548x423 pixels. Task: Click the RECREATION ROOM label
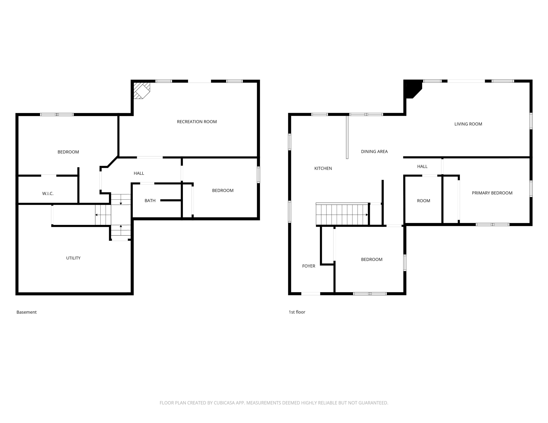click(x=197, y=122)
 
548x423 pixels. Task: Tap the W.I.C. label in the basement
click(x=48, y=193)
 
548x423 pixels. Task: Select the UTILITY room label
click(x=73, y=258)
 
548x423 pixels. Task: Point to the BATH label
click(x=150, y=201)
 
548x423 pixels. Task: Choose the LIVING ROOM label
click(x=468, y=124)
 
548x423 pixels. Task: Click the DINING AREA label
click(x=374, y=152)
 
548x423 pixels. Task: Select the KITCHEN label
click(x=323, y=168)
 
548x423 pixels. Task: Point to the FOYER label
click(x=309, y=266)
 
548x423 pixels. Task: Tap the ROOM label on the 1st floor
click(x=424, y=201)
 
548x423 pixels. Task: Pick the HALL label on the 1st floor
click(x=422, y=166)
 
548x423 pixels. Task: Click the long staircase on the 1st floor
click(x=342, y=214)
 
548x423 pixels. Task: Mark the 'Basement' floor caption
click(x=27, y=312)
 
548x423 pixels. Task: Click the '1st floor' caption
click(x=297, y=312)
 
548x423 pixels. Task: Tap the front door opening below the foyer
click(x=311, y=294)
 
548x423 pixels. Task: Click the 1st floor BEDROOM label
click(x=372, y=260)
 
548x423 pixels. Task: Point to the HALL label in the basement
click(x=139, y=173)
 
